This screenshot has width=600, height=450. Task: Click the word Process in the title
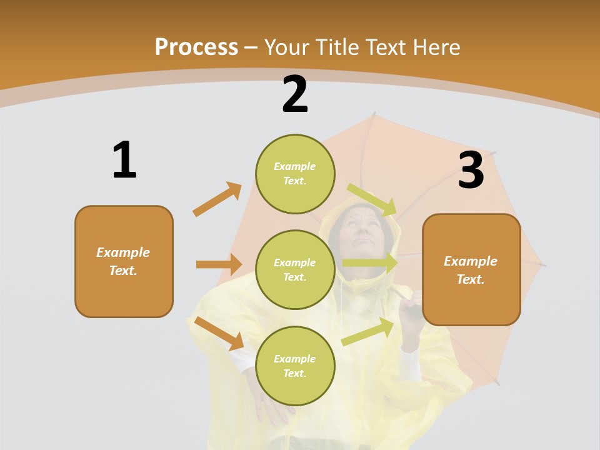pyautogui.click(x=196, y=47)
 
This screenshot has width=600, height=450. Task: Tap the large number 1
pyautogui.click(x=124, y=160)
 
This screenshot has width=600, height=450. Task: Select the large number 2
pyautogui.click(x=295, y=94)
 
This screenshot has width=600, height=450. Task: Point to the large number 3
pyautogui.click(x=471, y=170)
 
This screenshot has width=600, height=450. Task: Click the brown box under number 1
pyautogui.click(x=124, y=261)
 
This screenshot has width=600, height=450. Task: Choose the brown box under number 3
pyautogui.click(x=471, y=269)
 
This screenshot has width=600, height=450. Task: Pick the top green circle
pyautogui.click(x=295, y=174)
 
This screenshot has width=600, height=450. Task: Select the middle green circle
pyautogui.click(x=295, y=269)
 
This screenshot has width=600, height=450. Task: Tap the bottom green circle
pyautogui.click(x=295, y=366)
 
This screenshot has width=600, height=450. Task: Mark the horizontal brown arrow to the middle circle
pyautogui.click(x=219, y=264)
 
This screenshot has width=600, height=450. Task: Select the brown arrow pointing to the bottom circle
pyautogui.click(x=219, y=333)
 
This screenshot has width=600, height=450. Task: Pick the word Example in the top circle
pyautogui.click(x=295, y=166)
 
